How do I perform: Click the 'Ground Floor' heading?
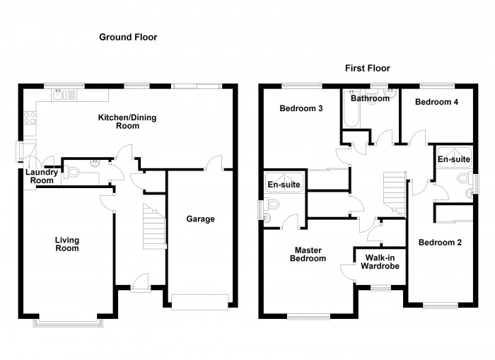[127, 37]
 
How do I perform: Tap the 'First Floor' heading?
[367, 69]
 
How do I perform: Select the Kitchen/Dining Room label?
[118, 121]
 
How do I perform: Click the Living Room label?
[67, 244]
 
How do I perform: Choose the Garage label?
[200, 219]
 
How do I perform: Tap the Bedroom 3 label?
[301, 108]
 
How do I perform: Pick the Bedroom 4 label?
[436, 102]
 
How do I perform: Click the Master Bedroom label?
[308, 254]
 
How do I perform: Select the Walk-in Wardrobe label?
[380, 262]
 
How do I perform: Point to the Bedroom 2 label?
[439, 243]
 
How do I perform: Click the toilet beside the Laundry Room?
[75, 170]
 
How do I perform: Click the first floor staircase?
[394, 193]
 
